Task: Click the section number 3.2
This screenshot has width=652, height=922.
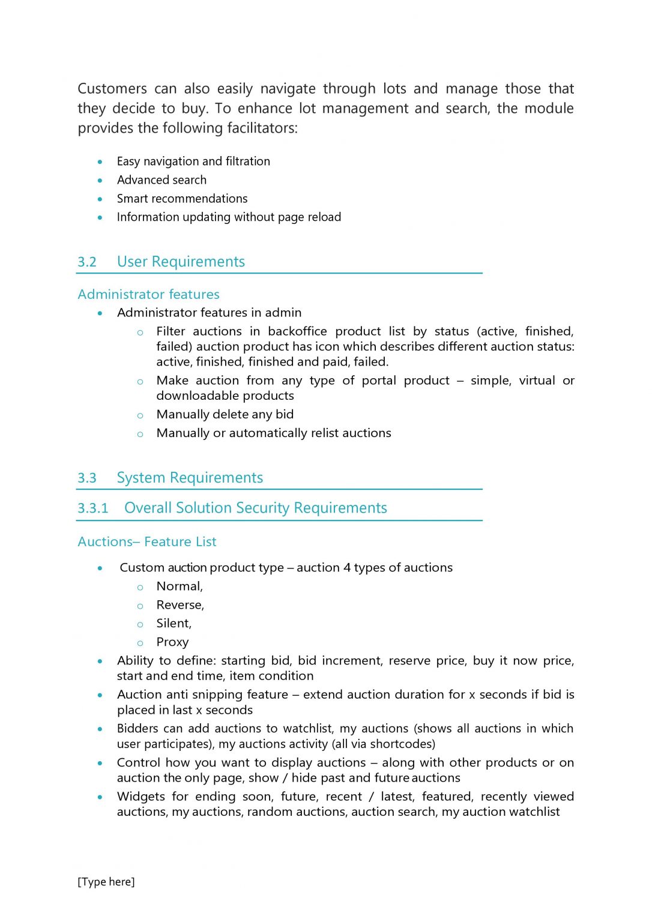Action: [x=87, y=262]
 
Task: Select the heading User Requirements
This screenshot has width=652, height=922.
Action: [x=181, y=262]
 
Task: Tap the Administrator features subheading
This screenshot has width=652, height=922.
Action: [x=148, y=295]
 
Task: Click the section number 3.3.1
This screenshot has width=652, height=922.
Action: [x=93, y=508]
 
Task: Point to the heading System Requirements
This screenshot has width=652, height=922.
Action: [x=190, y=478]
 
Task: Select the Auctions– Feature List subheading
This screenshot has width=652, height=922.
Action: [x=147, y=542]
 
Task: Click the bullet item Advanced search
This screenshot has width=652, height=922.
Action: [x=161, y=180]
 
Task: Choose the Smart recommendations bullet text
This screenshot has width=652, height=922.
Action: [x=182, y=199]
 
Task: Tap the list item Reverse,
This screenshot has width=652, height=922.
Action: [x=180, y=605]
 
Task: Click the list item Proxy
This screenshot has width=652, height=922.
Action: [x=172, y=642]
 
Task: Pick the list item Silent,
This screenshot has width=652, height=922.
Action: [x=174, y=624]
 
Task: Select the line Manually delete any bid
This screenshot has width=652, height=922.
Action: [x=225, y=415]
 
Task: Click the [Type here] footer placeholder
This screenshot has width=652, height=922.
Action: [x=106, y=882]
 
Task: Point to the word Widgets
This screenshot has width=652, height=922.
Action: [x=141, y=797]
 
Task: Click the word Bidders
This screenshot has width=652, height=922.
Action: [x=137, y=729]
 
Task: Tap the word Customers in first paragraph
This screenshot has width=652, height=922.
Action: [x=112, y=89]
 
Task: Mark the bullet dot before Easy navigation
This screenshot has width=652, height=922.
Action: [x=100, y=162]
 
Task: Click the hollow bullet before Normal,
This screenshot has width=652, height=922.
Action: [x=140, y=588]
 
